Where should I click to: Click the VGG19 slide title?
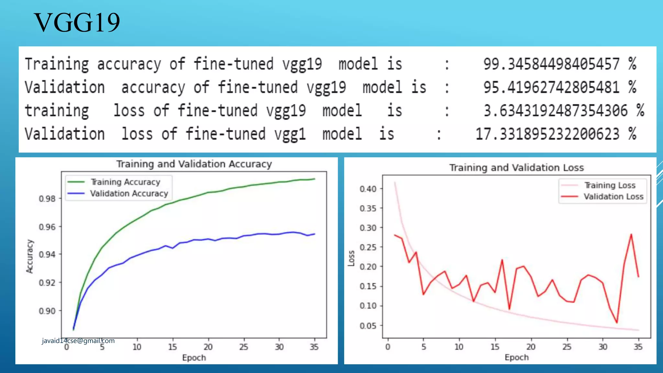click(x=77, y=23)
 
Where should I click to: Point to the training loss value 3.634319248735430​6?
click(x=556, y=111)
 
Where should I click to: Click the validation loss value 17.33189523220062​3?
click(x=547, y=134)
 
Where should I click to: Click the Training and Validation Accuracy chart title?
click(x=194, y=164)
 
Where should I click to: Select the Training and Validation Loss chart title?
click(x=516, y=168)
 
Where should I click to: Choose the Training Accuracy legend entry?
click(x=125, y=182)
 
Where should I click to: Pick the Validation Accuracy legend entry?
click(x=129, y=194)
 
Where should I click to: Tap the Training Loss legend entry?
click(x=610, y=185)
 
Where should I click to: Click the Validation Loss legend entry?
click(x=613, y=197)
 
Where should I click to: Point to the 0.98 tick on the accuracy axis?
click(x=47, y=198)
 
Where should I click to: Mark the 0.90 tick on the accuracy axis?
click(x=47, y=311)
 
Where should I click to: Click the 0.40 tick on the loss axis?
click(x=368, y=189)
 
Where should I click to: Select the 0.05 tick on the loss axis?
click(x=368, y=326)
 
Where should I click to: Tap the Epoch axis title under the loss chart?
click(x=516, y=357)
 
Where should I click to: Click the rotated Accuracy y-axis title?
click(x=30, y=256)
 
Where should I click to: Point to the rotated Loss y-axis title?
click(x=351, y=258)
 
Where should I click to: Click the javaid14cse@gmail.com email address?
click(x=78, y=341)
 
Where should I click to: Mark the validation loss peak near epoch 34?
click(x=631, y=234)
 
